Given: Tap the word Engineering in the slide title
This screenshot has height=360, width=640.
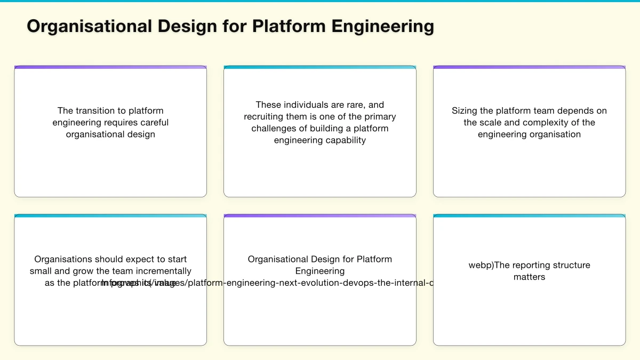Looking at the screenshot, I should point(382,26).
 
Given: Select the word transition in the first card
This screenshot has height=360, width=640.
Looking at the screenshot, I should point(101,110).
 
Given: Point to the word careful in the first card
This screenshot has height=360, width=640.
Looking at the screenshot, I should point(154,122).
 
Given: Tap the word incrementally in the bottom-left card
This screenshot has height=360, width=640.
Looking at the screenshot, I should point(162,271).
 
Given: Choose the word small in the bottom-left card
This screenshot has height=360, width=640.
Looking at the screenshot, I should point(41,271).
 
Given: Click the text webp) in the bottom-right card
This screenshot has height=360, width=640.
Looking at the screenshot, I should point(481,265).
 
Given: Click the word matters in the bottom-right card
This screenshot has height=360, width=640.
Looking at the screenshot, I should point(529,277).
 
